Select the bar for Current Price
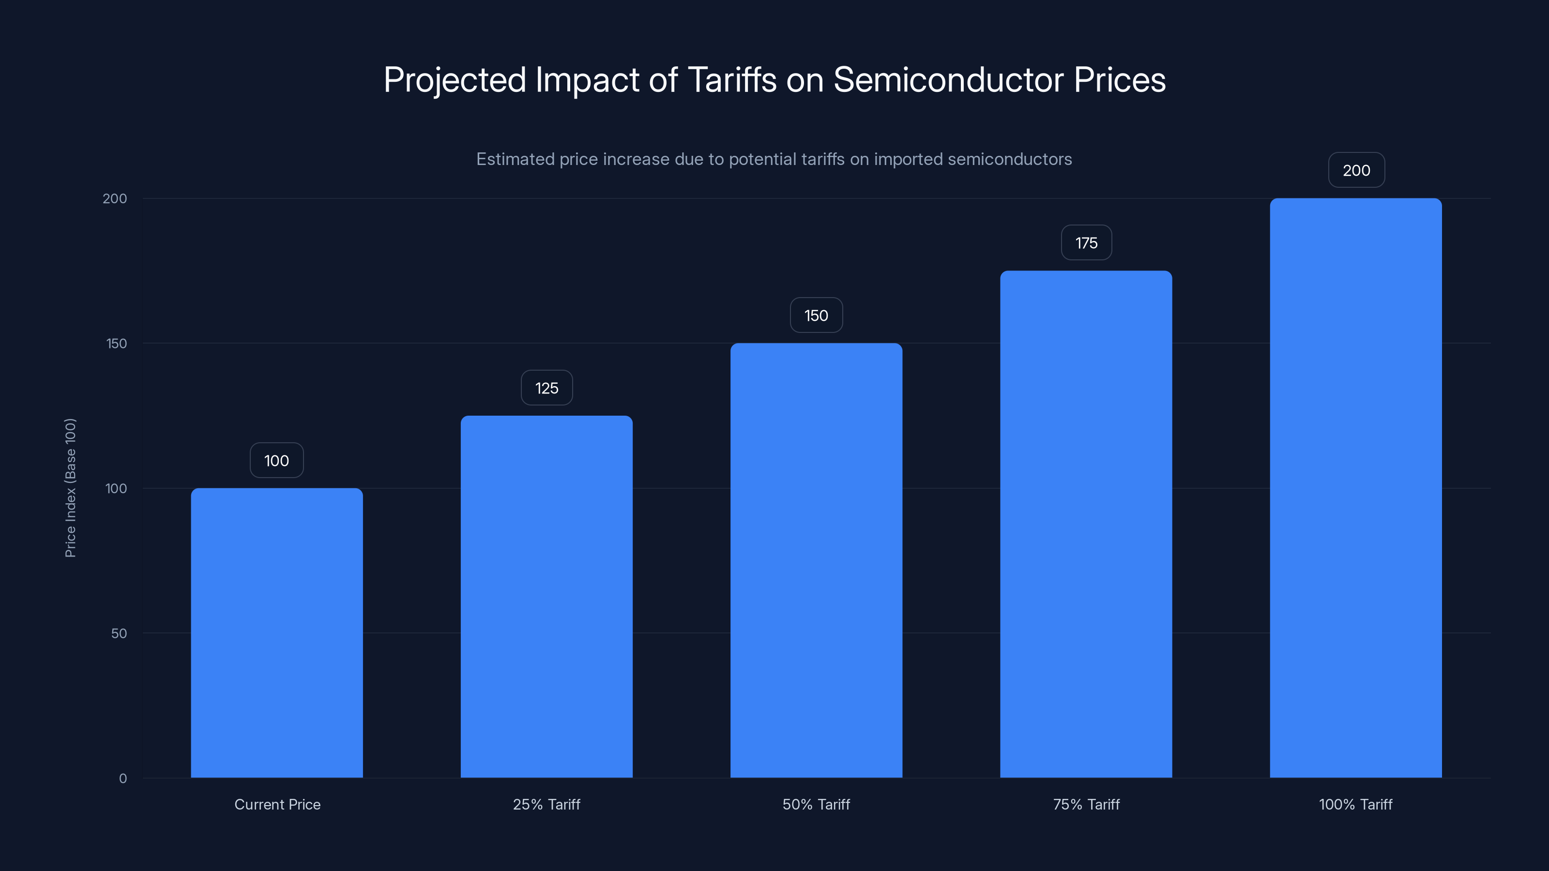click(x=276, y=632)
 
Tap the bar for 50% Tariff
click(x=816, y=560)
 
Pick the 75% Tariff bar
click(x=1086, y=524)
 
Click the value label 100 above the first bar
click(x=276, y=461)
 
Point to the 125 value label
click(x=547, y=388)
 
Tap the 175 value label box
click(x=1086, y=243)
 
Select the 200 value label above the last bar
click(x=1356, y=170)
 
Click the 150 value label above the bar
click(x=816, y=315)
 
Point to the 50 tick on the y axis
click(x=119, y=633)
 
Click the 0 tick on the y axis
click(x=122, y=779)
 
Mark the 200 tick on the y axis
click(x=115, y=198)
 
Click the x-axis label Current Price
click(x=277, y=804)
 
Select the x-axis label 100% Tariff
click(x=1355, y=804)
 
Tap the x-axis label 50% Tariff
click(x=816, y=804)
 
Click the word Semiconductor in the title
click(x=948, y=80)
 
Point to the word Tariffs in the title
click(x=731, y=80)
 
